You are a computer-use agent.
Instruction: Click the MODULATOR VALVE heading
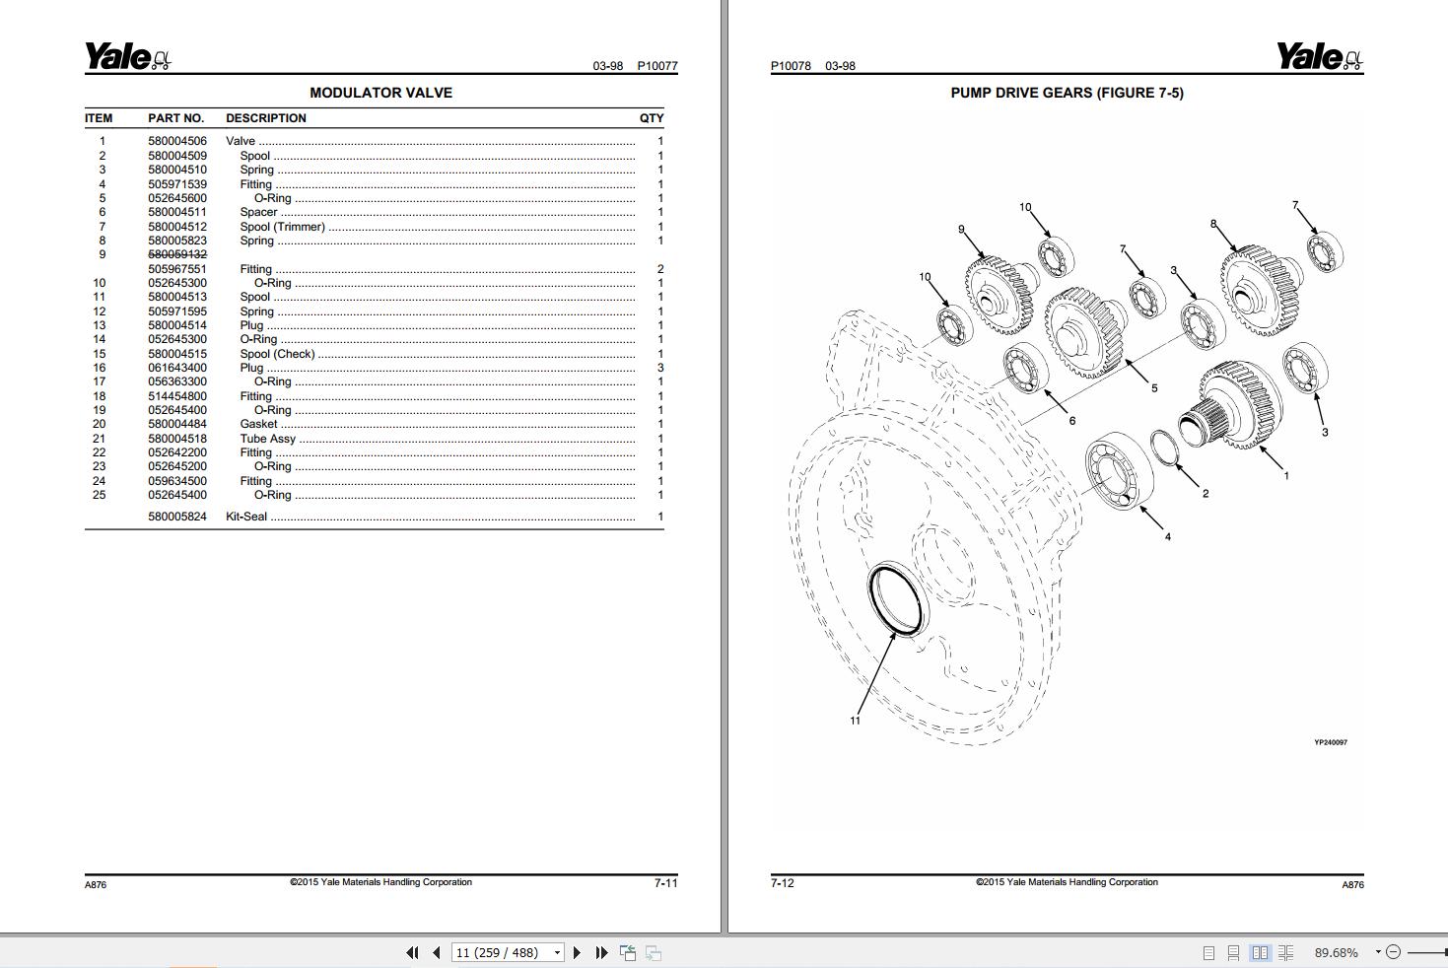(380, 93)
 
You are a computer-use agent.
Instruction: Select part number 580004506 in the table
(177, 141)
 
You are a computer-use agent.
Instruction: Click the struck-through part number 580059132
(177, 254)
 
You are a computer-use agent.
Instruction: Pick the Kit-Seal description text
(246, 517)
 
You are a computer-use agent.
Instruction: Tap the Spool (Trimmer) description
(282, 227)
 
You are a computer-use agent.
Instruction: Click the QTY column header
(651, 118)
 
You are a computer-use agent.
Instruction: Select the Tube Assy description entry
(267, 439)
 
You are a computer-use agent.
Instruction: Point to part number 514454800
(177, 396)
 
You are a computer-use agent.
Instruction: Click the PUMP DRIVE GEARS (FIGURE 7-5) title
(1067, 93)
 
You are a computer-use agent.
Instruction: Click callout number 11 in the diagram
(855, 721)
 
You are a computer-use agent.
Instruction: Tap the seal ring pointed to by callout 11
(896, 600)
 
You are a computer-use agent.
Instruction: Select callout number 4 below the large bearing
(1167, 537)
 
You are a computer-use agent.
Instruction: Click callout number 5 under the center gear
(1154, 388)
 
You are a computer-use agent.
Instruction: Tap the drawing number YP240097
(1330, 742)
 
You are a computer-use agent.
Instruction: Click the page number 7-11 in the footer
(665, 883)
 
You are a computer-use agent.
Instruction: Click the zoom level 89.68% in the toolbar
(1336, 952)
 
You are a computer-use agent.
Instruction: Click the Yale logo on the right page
(1319, 57)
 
